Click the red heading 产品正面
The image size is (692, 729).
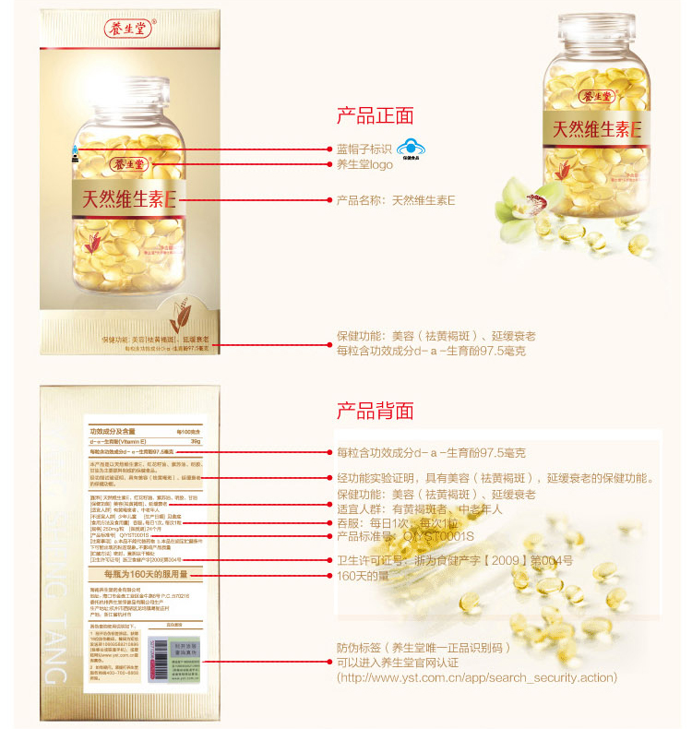(375, 116)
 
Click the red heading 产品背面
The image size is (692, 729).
(375, 411)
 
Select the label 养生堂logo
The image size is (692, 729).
(364, 164)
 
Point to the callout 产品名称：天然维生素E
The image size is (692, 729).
(397, 199)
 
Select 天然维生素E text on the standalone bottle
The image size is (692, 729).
(597, 127)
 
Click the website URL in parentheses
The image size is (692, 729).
(477, 678)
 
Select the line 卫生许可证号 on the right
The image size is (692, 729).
(455, 560)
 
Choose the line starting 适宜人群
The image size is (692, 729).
(420, 508)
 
